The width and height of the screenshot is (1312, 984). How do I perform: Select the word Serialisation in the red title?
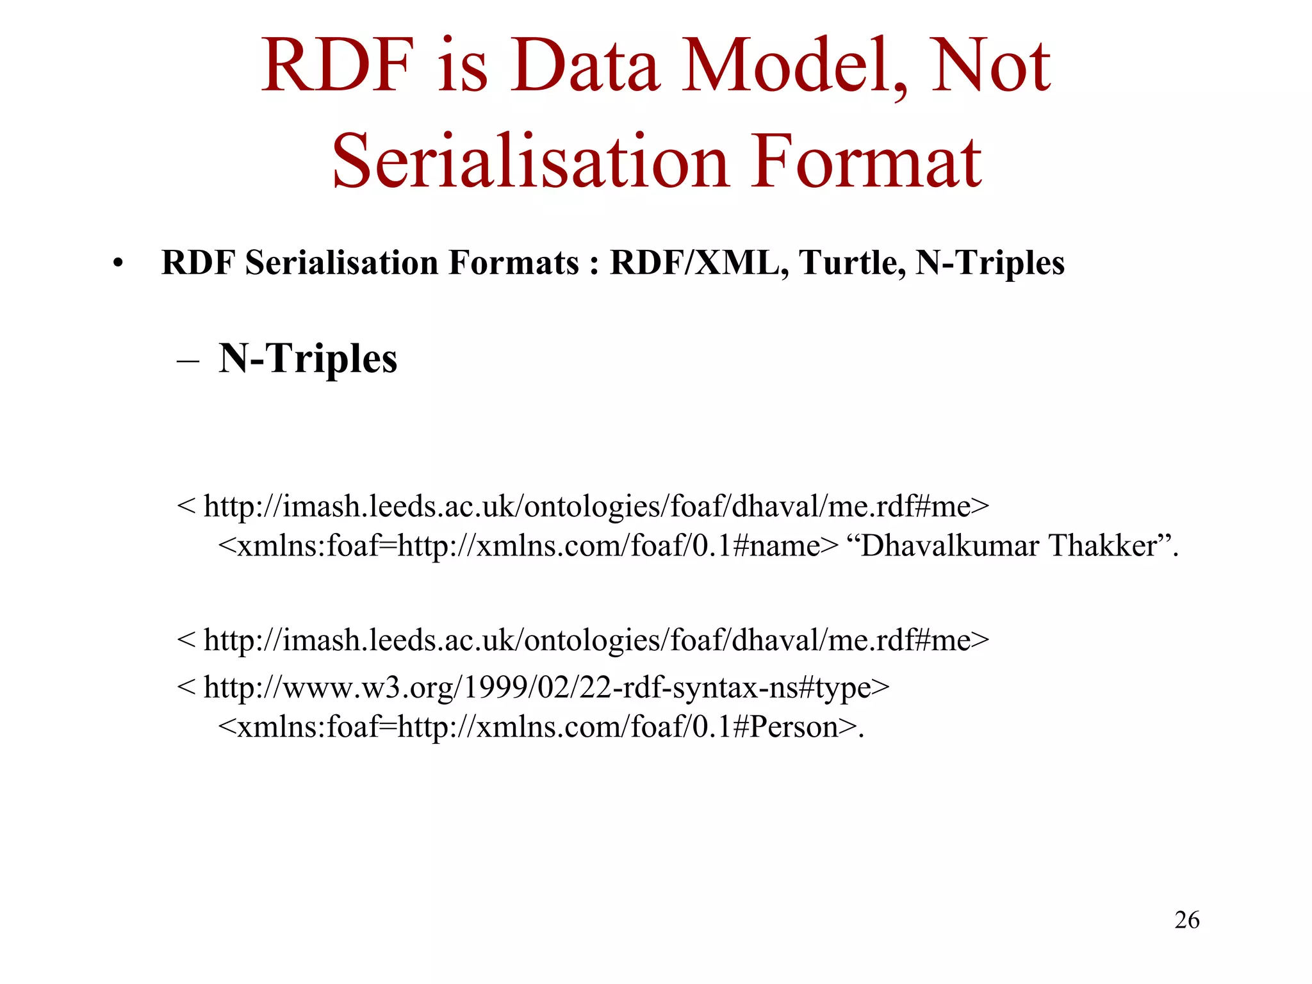point(531,161)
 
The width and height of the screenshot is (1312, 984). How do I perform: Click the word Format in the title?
point(865,161)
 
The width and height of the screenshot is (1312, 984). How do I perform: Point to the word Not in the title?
point(990,66)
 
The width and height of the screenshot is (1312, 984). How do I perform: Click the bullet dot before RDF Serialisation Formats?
point(117,264)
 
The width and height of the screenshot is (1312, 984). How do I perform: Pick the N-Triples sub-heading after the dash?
point(307,358)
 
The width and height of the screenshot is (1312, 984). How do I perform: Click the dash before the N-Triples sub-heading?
point(188,360)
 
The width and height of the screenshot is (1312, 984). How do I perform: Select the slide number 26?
point(1186,920)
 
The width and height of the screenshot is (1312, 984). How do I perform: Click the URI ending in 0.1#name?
point(528,546)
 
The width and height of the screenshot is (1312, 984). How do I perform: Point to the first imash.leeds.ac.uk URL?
point(583,507)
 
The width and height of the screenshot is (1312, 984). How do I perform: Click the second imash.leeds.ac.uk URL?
point(583,640)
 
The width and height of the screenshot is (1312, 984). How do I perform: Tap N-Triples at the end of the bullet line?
point(990,263)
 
